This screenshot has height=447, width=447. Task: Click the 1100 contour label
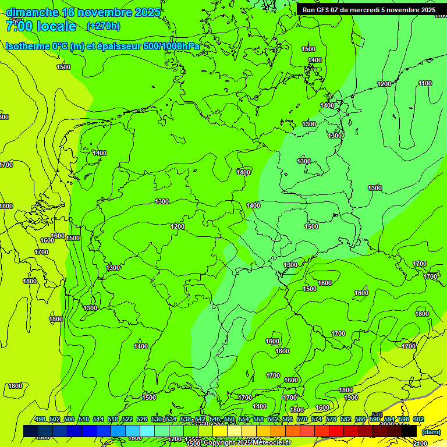(x=425, y=84)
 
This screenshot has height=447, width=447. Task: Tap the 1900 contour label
(x=350, y=398)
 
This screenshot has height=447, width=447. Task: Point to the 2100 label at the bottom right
(x=419, y=444)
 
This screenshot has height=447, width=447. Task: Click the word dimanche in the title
(x=31, y=12)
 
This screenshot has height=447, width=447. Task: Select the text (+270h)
(x=103, y=26)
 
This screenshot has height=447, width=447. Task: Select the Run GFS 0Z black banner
(x=369, y=10)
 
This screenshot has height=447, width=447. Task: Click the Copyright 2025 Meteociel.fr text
(x=247, y=442)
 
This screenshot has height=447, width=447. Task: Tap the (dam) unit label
(x=431, y=432)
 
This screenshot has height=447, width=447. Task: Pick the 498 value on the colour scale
(x=40, y=419)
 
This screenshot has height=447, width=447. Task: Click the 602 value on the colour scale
(x=418, y=419)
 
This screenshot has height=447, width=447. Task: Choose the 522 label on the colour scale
(x=127, y=419)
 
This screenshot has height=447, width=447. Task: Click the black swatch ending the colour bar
(x=409, y=431)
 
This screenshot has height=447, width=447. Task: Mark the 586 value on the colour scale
(x=360, y=419)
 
